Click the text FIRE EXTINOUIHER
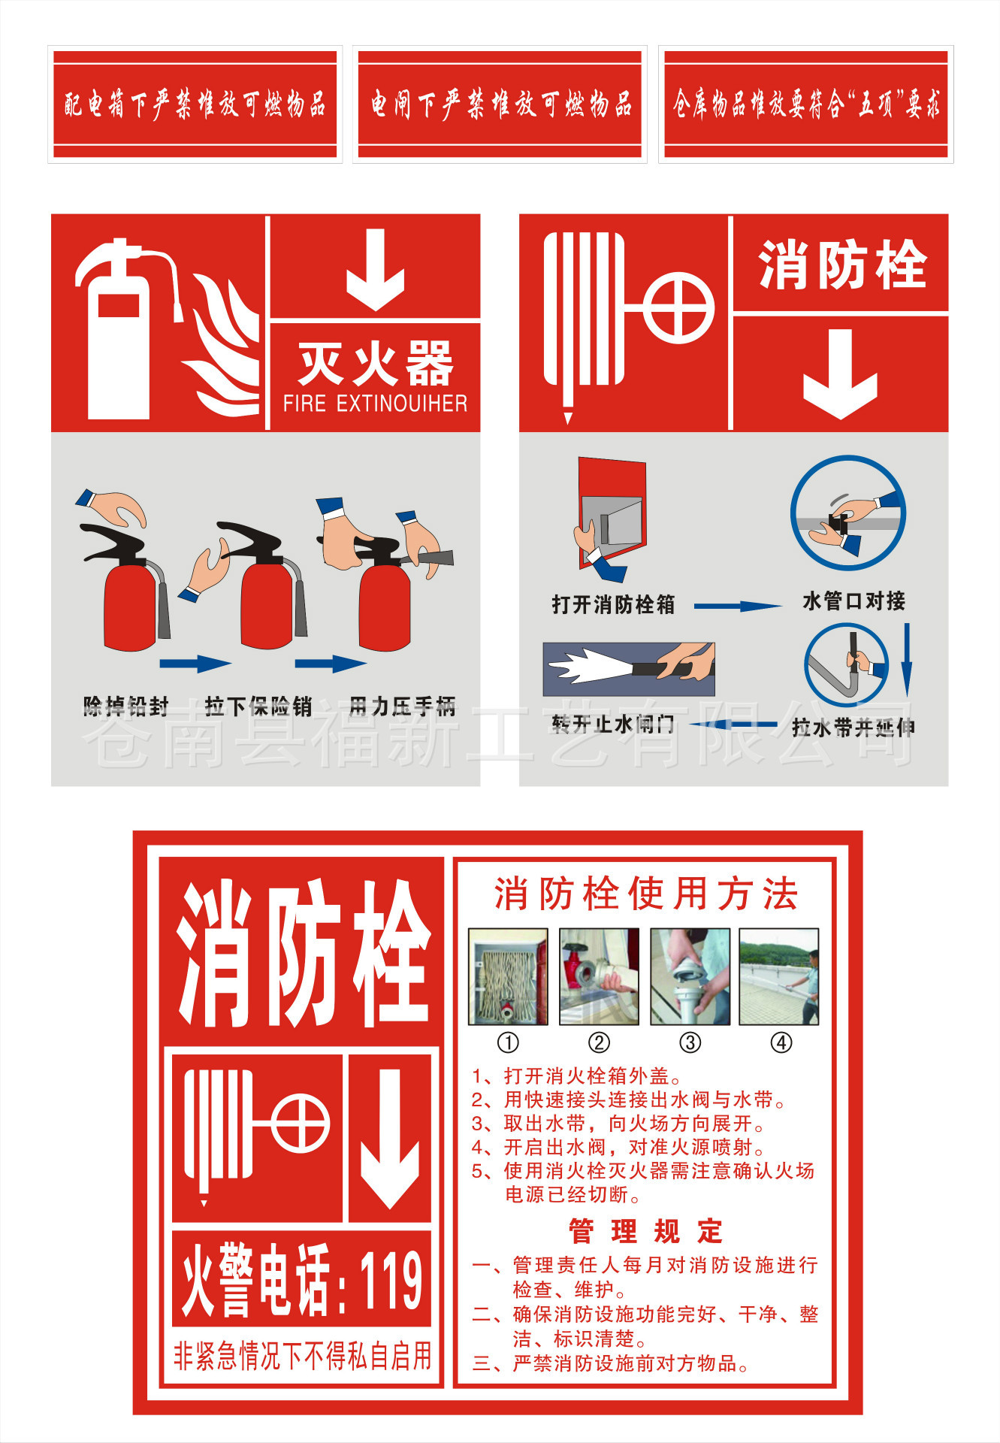375,404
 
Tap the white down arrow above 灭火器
376,270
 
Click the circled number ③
690,1042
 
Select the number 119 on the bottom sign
391,1280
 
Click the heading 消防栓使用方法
645,894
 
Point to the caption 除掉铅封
125,706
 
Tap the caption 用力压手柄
403,706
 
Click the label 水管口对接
854,601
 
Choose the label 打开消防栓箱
613,604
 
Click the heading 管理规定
645,1232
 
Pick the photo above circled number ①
509,976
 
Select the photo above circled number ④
779,976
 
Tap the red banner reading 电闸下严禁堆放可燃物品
500,104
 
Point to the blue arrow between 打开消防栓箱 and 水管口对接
737,606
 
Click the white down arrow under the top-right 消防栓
840,374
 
